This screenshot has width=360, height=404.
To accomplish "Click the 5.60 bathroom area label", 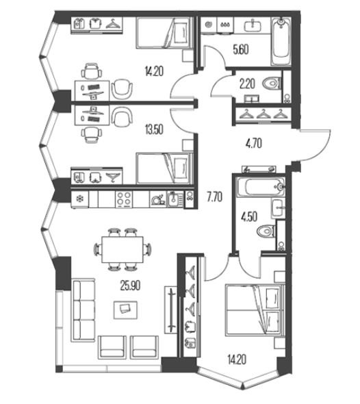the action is click(241, 50).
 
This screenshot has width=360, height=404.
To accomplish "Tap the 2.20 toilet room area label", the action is click(247, 84).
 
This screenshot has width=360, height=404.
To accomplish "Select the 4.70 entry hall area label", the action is click(254, 144).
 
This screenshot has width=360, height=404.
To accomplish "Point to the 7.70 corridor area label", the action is click(214, 197).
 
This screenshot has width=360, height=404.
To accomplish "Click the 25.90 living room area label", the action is click(130, 286).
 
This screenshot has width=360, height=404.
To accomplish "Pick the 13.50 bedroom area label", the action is click(154, 129).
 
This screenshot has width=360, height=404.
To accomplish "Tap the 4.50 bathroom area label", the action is click(249, 216).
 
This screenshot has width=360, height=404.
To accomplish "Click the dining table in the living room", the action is click(123, 249).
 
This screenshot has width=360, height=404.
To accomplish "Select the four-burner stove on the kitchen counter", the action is click(124, 199).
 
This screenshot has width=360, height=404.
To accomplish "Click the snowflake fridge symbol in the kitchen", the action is click(80, 199).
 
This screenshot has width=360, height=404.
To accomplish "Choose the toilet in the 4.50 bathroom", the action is click(266, 231).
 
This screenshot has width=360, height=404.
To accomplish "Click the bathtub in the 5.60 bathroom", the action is click(281, 41).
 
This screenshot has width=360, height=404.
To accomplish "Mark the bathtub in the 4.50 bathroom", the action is click(261, 187).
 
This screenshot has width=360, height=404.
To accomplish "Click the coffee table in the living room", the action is click(125, 310).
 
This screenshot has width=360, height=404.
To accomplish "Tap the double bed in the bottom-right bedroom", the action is click(255, 310).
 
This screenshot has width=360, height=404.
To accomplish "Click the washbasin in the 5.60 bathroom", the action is click(253, 25).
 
